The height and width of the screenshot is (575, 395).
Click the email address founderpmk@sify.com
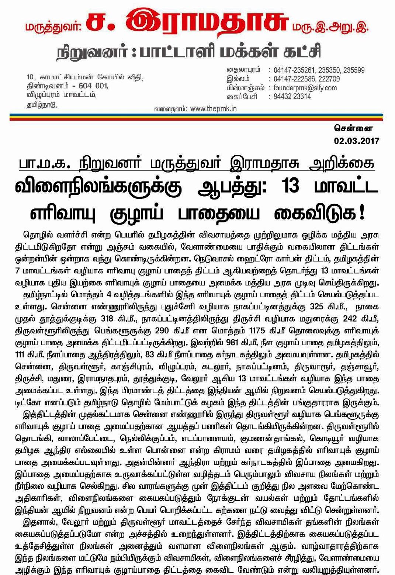(x=305, y=88)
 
